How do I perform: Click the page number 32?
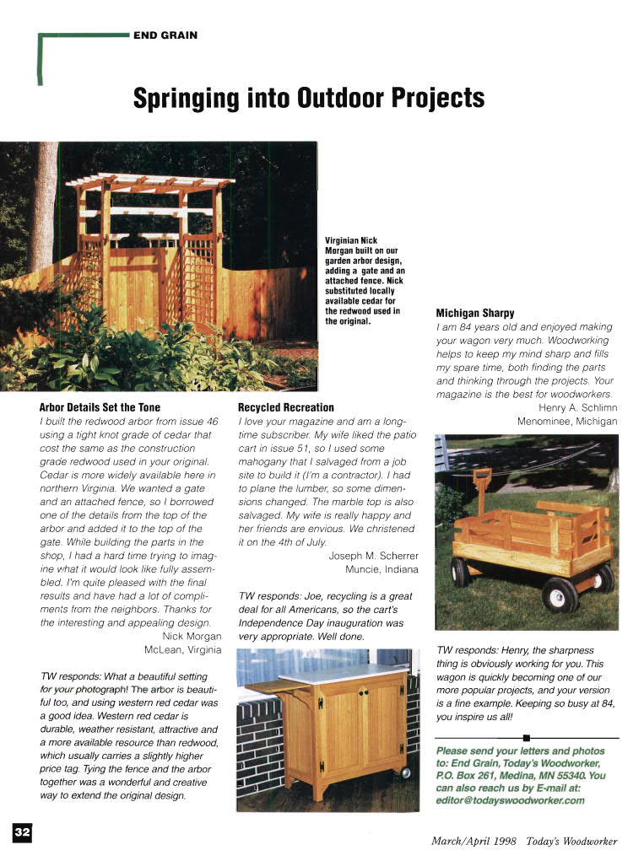coord(22,832)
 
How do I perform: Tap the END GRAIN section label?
coord(165,35)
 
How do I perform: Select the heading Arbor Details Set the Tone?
coord(100,407)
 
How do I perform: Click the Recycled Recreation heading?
coord(286,407)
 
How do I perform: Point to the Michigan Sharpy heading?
coord(475,313)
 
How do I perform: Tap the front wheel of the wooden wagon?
coord(560,595)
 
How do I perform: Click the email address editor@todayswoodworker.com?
coord(511,800)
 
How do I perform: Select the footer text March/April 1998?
coord(474,841)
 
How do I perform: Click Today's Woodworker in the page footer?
coord(571,841)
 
